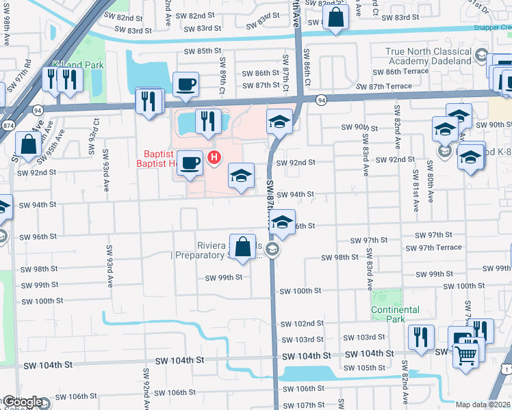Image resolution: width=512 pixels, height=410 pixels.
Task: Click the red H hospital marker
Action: (214, 159)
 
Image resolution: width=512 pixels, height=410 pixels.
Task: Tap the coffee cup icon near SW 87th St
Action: (186, 85)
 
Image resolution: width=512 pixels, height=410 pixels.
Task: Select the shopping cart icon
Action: (466, 354)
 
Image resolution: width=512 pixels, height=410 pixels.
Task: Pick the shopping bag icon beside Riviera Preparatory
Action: (243, 247)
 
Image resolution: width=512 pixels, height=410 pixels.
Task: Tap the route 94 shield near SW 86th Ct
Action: (320, 100)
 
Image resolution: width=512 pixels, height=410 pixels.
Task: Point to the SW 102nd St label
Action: (300, 323)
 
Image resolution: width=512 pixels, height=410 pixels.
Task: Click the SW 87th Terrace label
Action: (384, 86)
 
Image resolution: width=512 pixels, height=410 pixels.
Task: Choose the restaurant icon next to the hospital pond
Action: (205, 121)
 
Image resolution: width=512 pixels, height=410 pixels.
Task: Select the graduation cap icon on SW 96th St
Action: (281, 223)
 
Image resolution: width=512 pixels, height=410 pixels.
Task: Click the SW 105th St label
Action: (364, 368)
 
